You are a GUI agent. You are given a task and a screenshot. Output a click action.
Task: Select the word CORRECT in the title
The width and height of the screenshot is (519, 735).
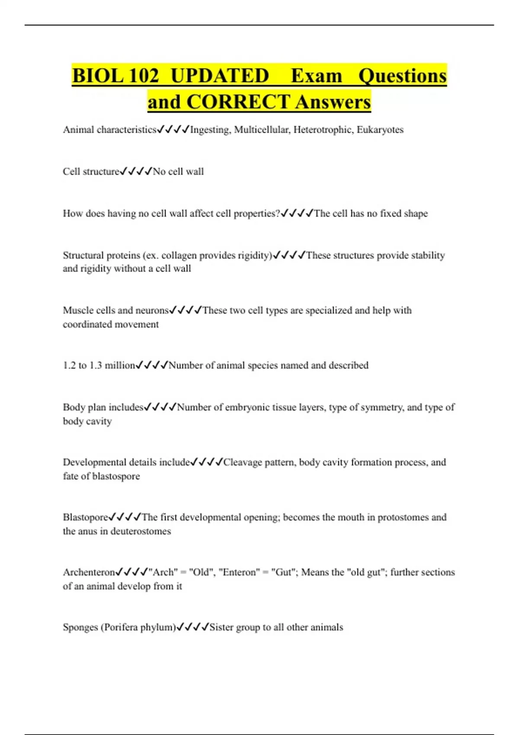(238, 102)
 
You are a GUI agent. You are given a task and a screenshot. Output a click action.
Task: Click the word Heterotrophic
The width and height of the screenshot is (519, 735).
(323, 130)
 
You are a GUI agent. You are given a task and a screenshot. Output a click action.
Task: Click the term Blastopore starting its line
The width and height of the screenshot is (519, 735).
(85, 517)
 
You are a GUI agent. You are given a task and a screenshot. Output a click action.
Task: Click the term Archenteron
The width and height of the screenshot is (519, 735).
(89, 572)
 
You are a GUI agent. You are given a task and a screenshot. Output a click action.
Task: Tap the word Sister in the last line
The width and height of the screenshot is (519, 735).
(221, 627)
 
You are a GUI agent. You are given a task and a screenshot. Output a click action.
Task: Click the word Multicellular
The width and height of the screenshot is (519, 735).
(262, 130)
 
